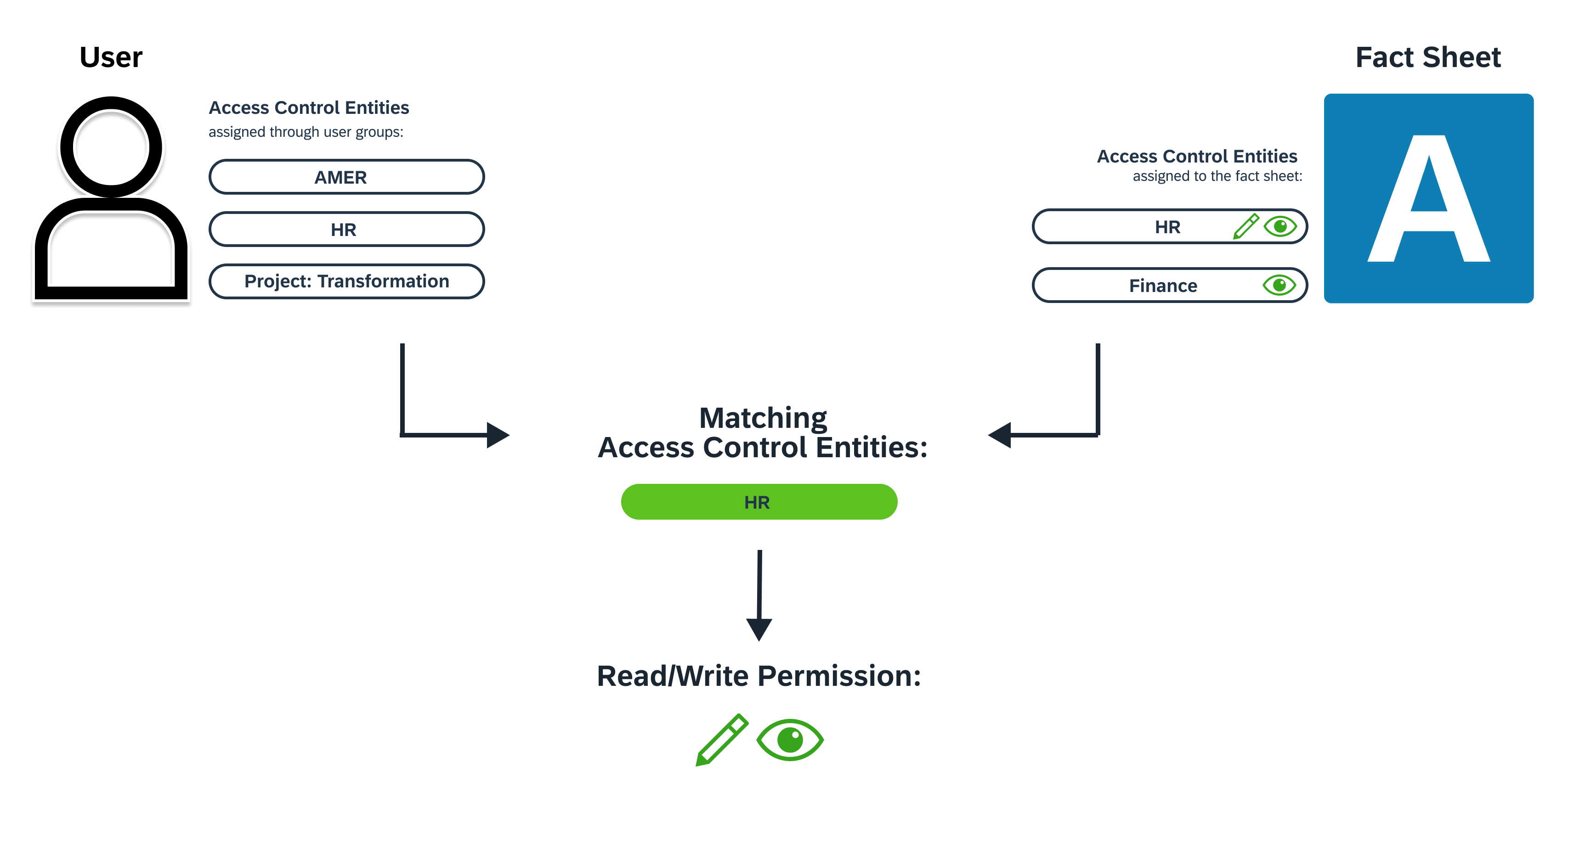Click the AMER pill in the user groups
click(346, 177)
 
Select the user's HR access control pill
click(346, 230)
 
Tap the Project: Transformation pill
click(346, 281)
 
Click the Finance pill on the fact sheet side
click(1163, 285)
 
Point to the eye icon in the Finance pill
click(1280, 285)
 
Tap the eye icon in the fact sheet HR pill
click(1280, 227)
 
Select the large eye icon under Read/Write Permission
click(790, 740)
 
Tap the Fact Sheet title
click(1428, 57)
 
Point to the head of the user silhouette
click(111, 147)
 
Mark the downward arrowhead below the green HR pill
click(759, 629)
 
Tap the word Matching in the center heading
click(763, 418)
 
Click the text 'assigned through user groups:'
click(306, 132)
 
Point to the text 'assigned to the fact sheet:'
click(1217, 176)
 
